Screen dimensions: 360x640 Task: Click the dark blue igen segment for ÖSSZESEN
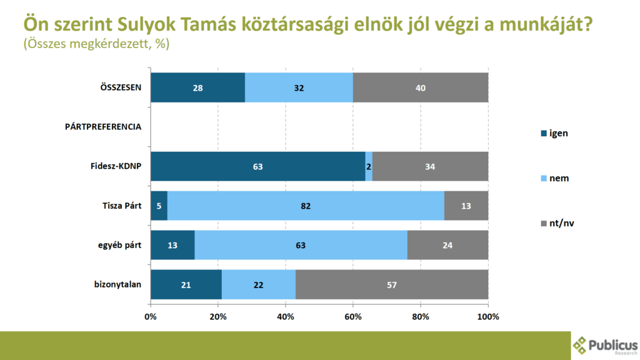[197, 87]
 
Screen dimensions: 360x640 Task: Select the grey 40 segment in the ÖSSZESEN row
[420, 87]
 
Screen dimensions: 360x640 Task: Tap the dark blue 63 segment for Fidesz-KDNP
[257, 167]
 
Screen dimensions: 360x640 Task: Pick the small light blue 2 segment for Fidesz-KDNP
[369, 167]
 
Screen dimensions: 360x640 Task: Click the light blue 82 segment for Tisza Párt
[306, 206]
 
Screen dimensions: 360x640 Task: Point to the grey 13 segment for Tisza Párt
[466, 206]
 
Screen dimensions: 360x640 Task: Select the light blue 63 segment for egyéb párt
[301, 245]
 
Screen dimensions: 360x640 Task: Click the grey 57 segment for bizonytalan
[392, 284]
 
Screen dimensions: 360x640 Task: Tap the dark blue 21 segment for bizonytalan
[186, 284]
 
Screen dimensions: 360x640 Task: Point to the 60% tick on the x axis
[353, 316]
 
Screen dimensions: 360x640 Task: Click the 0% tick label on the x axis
[151, 316]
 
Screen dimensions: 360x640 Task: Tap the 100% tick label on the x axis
[488, 316]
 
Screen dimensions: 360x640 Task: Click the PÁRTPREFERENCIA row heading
[103, 127]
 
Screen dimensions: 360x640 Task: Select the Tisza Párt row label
[122, 206]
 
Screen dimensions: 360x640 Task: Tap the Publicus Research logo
[605, 346]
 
